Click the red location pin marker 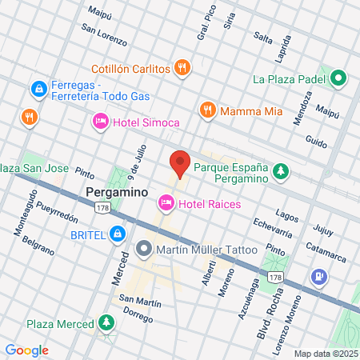coord(180,164)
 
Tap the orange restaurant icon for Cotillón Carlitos coord(183,68)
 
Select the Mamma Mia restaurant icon coord(207,109)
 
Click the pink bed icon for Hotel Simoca coord(100,122)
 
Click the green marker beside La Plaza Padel coord(338,78)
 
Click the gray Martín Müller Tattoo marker coord(144,249)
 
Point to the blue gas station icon coord(319,277)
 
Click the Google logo coord(27,350)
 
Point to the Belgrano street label coord(38,245)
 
